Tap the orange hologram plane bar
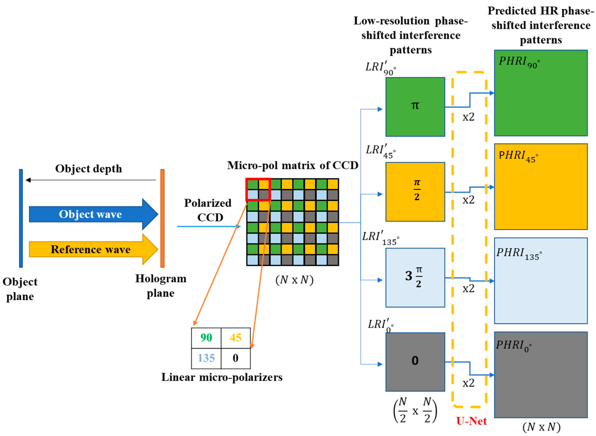point(162,218)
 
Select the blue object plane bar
point(21,218)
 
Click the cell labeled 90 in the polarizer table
point(206,337)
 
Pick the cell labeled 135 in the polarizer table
point(206,358)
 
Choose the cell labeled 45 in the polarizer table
point(235,337)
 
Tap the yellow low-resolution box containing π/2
point(415,192)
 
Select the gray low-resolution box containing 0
point(415,362)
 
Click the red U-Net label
point(471,421)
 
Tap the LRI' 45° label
point(380,151)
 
